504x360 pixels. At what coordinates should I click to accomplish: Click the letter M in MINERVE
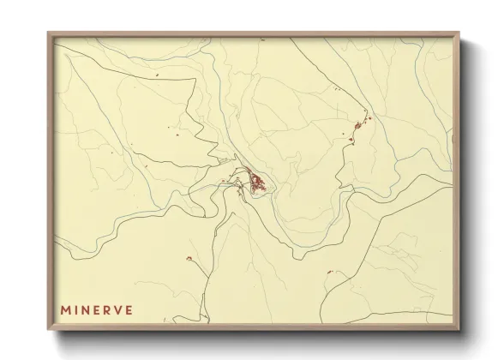[x=65, y=304]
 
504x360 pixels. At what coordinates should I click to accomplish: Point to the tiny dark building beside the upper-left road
[x=158, y=78]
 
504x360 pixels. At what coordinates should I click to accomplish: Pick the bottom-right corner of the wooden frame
[x=461, y=331]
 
